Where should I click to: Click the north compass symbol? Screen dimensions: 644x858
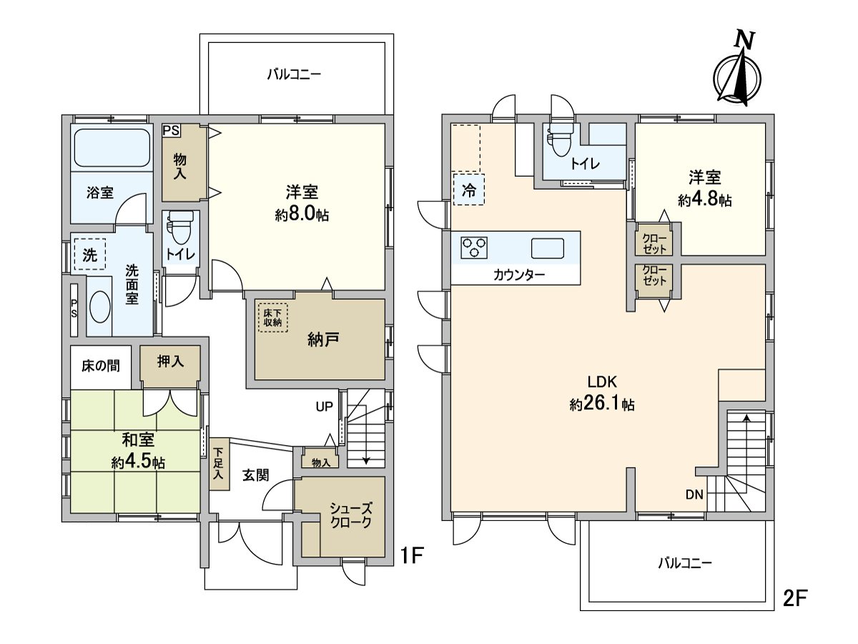(x=738, y=72)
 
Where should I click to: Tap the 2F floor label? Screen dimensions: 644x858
(x=794, y=598)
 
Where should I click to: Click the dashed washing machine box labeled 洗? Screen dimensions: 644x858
(x=89, y=254)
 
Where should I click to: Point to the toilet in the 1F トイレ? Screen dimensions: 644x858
(x=179, y=231)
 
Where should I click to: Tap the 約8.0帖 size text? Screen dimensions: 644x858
(x=302, y=215)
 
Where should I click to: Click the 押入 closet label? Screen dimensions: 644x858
(x=170, y=361)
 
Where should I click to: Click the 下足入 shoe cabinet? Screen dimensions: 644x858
(x=219, y=464)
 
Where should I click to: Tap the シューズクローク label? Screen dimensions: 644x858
(x=350, y=515)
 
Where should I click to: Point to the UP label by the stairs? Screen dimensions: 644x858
(x=325, y=407)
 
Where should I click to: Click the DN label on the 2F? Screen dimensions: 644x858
(x=694, y=494)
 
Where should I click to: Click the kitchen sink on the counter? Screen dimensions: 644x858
(x=547, y=248)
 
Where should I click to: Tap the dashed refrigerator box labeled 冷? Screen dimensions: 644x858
(x=468, y=190)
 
